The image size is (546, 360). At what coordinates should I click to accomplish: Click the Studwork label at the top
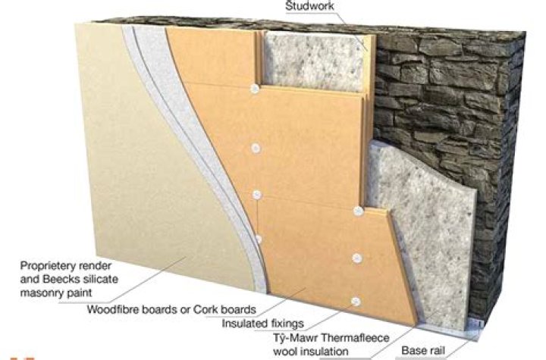[309, 5]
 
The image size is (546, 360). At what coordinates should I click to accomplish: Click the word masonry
[41, 292]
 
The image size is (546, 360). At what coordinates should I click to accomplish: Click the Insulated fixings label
[263, 324]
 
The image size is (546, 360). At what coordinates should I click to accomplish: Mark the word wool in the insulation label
[286, 351]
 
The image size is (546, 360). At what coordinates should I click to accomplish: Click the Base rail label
[423, 350]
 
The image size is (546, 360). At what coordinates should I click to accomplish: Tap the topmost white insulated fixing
[255, 89]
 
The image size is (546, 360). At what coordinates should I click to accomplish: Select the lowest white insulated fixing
[355, 302]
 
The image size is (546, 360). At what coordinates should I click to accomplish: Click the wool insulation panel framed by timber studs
[315, 61]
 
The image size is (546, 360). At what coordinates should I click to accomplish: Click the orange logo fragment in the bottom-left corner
[21, 358]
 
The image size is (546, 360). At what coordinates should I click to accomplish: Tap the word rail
[435, 350]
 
